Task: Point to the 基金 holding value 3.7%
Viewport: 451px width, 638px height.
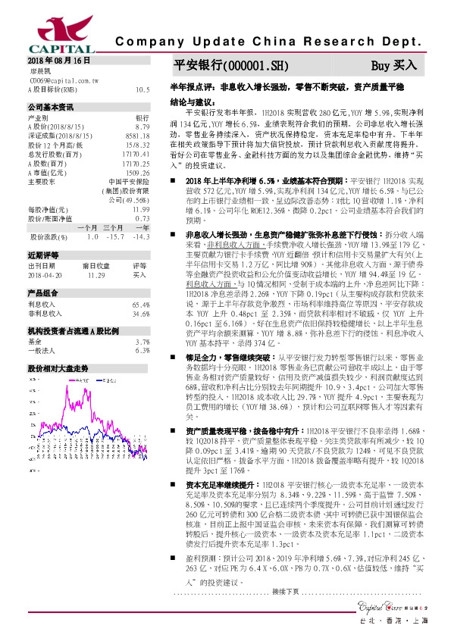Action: pyautogui.click(x=143, y=342)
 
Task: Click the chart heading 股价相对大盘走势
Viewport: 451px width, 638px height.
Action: pyautogui.click(x=58, y=367)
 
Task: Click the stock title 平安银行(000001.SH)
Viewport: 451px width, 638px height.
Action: pyautogui.click(x=220, y=66)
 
